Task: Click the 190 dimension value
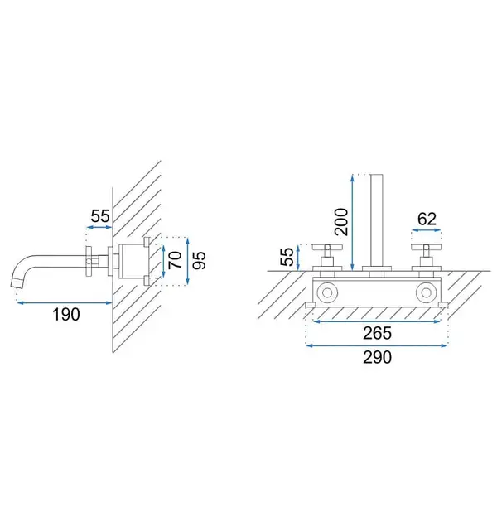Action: pos(66,314)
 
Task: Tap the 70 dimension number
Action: pos(176,260)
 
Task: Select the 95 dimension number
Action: pos(199,260)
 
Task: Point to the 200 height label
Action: pos(341,222)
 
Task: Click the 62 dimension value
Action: pos(427,219)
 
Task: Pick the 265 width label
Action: pos(377,333)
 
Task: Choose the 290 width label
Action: pos(377,357)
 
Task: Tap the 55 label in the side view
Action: pos(100,215)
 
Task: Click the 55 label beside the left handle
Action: pos(287,257)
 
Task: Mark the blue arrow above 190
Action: pos(65,302)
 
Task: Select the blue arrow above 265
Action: pos(377,321)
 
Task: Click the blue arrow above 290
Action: pos(377,345)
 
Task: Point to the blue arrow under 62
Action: pos(427,230)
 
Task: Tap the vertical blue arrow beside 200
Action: pos(353,222)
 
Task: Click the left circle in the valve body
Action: pos(327,292)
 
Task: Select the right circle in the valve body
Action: pos(427,292)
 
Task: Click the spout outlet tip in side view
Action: pos(17,282)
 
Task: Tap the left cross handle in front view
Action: pos(327,255)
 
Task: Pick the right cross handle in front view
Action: pos(427,255)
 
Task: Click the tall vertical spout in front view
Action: pos(376,220)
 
